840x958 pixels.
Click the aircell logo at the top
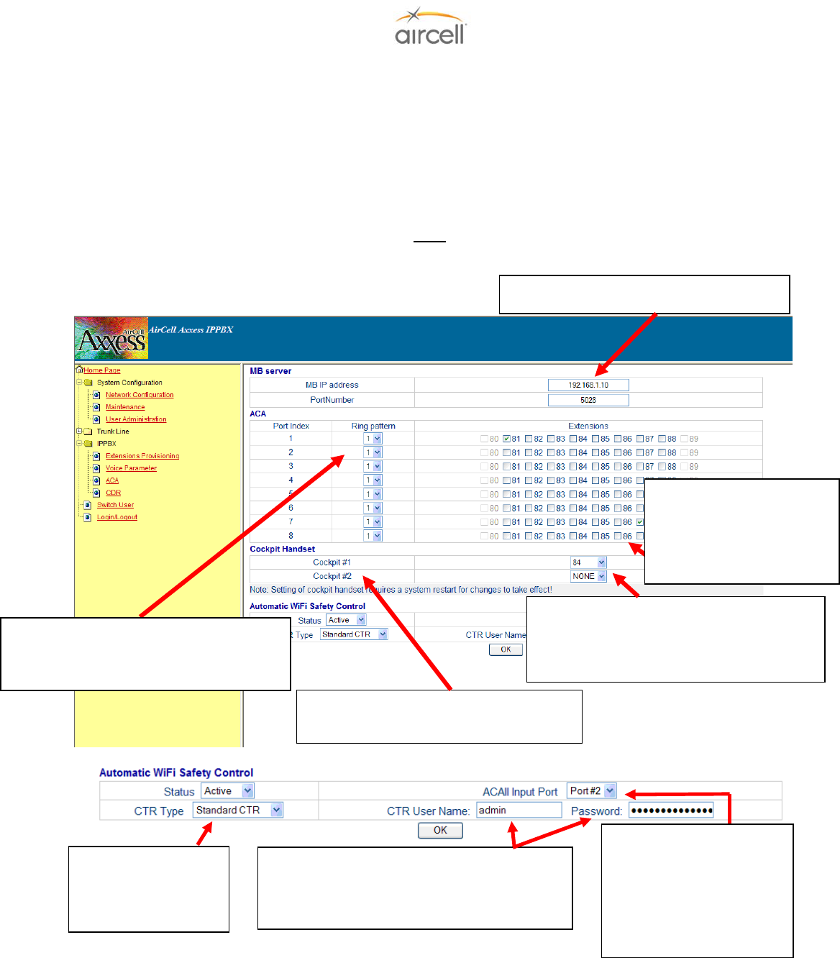430,28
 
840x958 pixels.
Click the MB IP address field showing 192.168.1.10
588,386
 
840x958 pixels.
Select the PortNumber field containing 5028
588,400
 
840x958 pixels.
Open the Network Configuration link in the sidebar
140,395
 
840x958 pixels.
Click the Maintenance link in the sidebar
125,407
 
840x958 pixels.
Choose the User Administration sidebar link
136,419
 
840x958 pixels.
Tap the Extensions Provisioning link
142,456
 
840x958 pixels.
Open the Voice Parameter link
131,468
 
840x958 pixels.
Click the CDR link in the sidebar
113,493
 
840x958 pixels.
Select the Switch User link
115,505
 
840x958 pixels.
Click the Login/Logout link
117,517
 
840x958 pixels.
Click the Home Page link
101,370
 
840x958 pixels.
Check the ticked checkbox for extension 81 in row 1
507,439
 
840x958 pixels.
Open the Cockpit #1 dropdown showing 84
588,562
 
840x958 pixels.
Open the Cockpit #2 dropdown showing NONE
588,576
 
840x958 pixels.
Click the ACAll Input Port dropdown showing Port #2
592,791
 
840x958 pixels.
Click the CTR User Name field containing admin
519,811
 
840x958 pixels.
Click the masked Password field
671,811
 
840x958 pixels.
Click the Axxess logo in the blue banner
111,339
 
